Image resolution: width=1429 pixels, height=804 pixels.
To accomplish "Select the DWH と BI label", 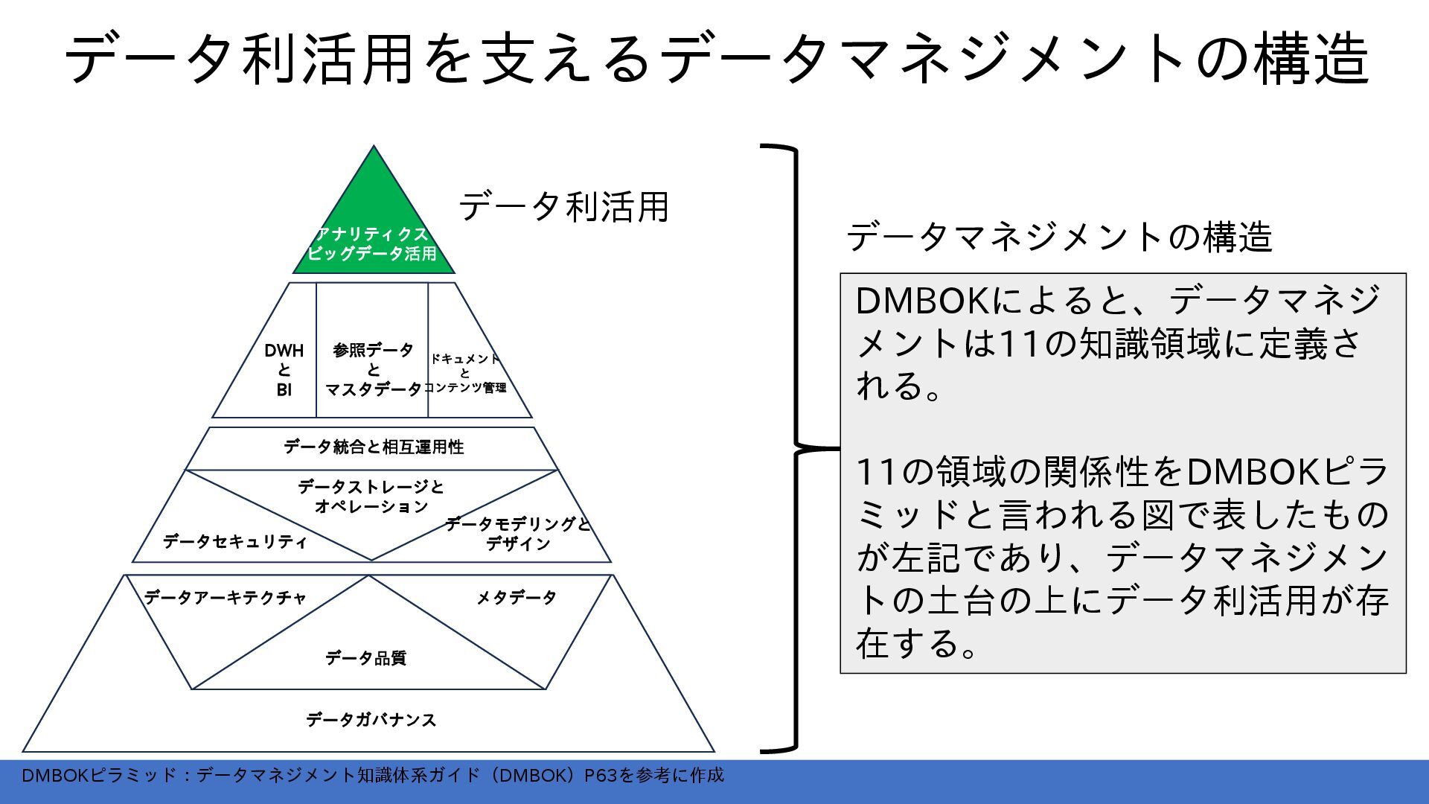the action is pyautogui.click(x=284, y=370).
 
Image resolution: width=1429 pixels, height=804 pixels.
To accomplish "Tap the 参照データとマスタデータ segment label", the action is pyautogui.click(x=373, y=370).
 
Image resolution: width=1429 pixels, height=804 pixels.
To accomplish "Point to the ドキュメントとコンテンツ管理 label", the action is pyautogui.click(x=465, y=373).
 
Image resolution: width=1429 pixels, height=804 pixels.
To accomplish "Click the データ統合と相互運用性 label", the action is pyautogui.click(x=374, y=447).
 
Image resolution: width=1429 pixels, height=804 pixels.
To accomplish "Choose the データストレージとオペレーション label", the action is pyautogui.click(x=371, y=497).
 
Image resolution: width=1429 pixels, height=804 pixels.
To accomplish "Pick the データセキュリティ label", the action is pyautogui.click(x=234, y=541).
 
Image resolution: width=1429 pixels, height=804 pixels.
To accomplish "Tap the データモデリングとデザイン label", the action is pyautogui.click(x=518, y=534).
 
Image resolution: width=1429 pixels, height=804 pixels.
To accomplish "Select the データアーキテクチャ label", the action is pyautogui.click(x=226, y=598).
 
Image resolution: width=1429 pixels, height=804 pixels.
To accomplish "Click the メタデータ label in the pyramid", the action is pyautogui.click(x=517, y=598).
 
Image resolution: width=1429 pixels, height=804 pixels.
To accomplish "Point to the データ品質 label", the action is pyautogui.click(x=365, y=658).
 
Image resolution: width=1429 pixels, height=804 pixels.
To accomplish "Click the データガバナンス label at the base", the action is pyautogui.click(x=371, y=720).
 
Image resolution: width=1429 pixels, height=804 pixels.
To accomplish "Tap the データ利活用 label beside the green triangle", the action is pyautogui.click(x=563, y=207).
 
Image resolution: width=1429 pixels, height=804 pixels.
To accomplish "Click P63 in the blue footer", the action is pyautogui.click(x=600, y=776).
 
